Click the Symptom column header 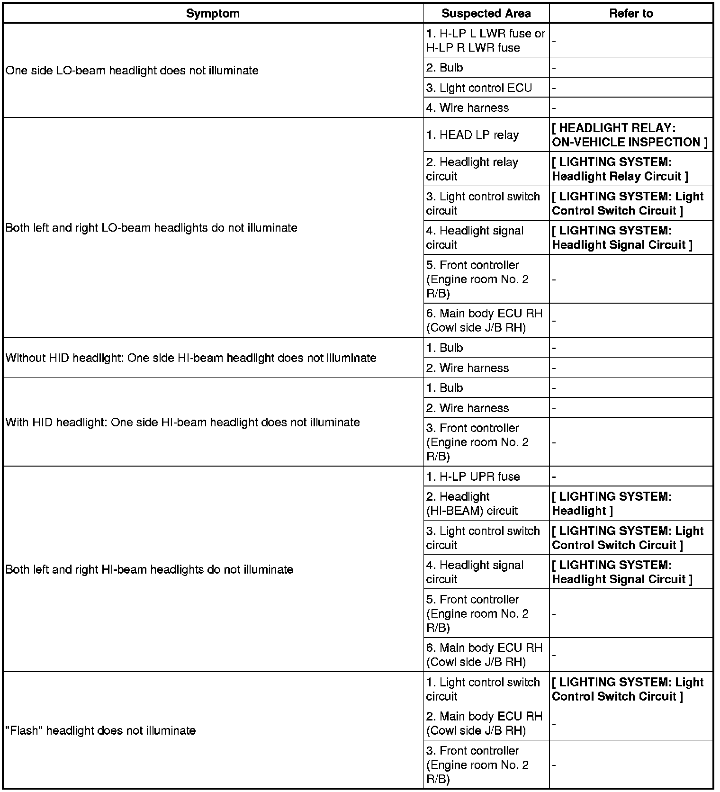(213, 13)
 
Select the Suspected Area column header (486, 13)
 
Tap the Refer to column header (631, 13)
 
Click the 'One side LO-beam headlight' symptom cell (132, 71)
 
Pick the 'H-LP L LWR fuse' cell (486, 40)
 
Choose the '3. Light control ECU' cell (479, 88)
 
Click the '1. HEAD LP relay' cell (472, 135)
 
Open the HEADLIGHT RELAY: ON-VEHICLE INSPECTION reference (630, 135)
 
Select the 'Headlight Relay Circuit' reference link (620, 169)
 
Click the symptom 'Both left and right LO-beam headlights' (151, 228)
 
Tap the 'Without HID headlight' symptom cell (191, 358)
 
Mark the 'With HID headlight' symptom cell (182, 422)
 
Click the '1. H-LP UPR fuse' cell (473, 477)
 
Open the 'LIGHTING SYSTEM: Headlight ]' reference (612, 504)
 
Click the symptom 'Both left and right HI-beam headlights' (149, 569)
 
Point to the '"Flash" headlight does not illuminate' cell (100, 730)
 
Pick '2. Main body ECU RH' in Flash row (484, 723)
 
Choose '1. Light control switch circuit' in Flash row (483, 689)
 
